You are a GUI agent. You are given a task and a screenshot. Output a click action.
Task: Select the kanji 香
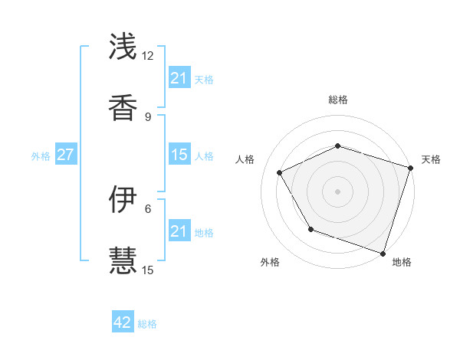tap(124, 108)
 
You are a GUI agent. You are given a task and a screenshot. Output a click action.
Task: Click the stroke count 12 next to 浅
tap(147, 56)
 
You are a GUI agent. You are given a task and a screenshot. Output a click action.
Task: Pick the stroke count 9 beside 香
tap(147, 116)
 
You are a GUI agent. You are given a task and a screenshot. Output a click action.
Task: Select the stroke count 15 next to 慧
tap(147, 270)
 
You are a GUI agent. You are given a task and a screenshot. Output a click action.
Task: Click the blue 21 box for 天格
tap(179, 78)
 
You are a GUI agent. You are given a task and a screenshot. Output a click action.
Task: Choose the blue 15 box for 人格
tap(179, 155)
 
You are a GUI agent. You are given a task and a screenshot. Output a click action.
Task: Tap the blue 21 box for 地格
tap(179, 231)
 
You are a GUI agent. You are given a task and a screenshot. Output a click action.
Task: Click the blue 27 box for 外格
tap(65, 155)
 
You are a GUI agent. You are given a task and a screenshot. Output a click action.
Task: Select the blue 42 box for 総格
tap(123, 322)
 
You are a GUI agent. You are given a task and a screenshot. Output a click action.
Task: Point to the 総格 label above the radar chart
tap(337, 100)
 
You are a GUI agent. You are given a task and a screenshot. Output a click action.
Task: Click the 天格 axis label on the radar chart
tap(432, 159)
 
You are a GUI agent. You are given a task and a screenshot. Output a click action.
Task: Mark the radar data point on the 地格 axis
tap(383, 253)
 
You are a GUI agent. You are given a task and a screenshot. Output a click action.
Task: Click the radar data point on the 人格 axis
tap(279, 172)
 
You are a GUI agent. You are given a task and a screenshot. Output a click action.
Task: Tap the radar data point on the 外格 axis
tap(310, 229)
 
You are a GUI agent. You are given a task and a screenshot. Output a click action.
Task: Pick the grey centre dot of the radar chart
tap(337, 191)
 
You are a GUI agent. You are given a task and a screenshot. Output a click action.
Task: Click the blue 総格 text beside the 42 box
tap(147, 324)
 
